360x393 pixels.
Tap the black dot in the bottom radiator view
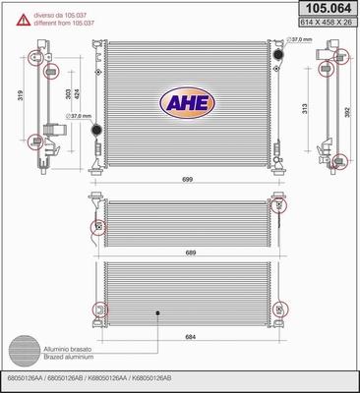point(156,314)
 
